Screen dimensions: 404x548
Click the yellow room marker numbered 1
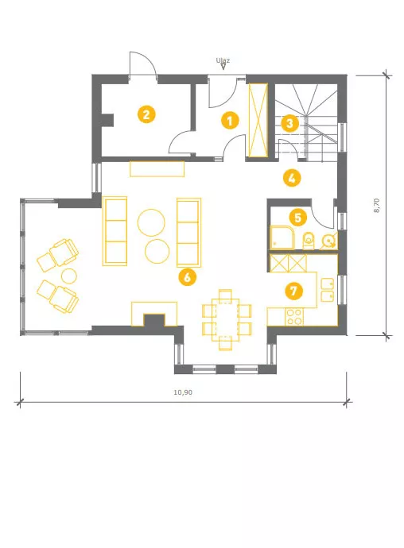click(x=230, y=121)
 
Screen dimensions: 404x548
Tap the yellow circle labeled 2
click(x=146, y=114)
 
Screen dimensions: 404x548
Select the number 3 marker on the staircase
click(x=289, y=123)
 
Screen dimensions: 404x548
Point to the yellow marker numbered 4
click(x=292, y=178)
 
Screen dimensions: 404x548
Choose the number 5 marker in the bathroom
click(x=298, y=218)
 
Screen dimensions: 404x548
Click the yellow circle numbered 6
click(x=188, y=277)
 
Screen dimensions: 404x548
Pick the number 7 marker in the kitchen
click(x=293, y=291)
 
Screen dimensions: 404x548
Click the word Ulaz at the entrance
click(x=223, y=60)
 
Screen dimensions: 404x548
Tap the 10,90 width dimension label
click(x=183, y=392)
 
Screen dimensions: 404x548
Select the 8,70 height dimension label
click(x=376, y=206)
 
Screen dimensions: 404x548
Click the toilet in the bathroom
click(x=309, y=240)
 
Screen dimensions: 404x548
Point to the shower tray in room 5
click(x=282, y=237)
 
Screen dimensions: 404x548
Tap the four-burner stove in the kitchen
click(x=294, y=317)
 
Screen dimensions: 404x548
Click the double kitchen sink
click(x=328, y=290)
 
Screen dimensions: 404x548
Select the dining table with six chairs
click(x=227, y=319)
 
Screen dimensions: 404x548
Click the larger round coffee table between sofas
click(x=151, y=222)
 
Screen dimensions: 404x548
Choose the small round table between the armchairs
click(x=69, y=276)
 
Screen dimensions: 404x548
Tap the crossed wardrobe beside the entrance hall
click(x=258, y=120)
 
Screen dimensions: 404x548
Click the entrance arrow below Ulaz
click(x=223, y=67)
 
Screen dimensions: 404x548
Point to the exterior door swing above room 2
click(x=142, y=64)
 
